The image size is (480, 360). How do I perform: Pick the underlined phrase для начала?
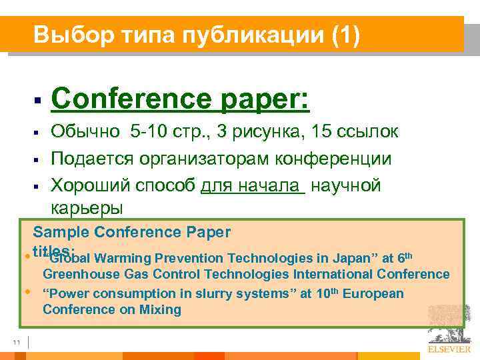(252, 185)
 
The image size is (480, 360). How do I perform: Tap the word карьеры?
(87, 208)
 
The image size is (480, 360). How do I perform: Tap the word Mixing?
(159, 309)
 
